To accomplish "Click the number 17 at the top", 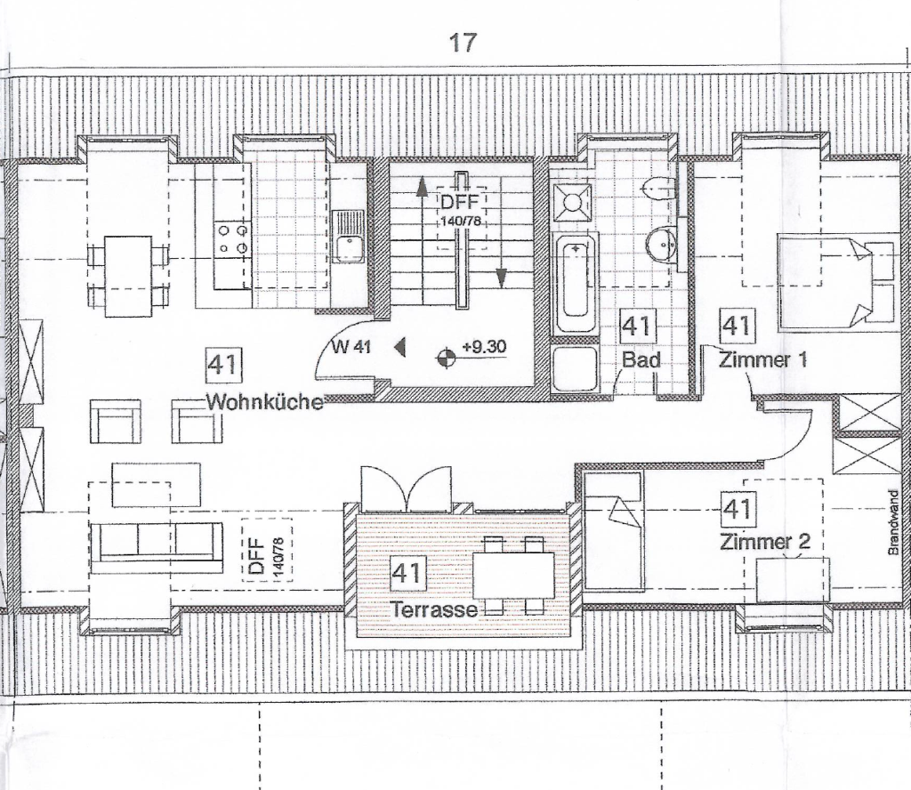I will pyautogui.click(x=463, y=43).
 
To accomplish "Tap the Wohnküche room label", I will pyautogui.click(x=264, y=401).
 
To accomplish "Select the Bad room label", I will pyautogui.click(x=641, y=360).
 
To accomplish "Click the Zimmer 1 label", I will pyautogui.click(x=764, y=360).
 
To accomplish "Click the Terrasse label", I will pyautogui.click(x=434, y=609).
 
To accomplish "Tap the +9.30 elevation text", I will pyautogui.click(x=484, y=346).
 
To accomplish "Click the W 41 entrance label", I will pyautogui.click(x=351, y=348).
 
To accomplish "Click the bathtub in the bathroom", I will pyautogui.click(x=575, y=282).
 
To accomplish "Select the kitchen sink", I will pyautogui.click(x=350, y=237).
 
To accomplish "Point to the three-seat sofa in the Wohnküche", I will pyautogui.click(x=157, y=542).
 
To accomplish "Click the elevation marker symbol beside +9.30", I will pyautogui.click(x=445, y=359).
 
